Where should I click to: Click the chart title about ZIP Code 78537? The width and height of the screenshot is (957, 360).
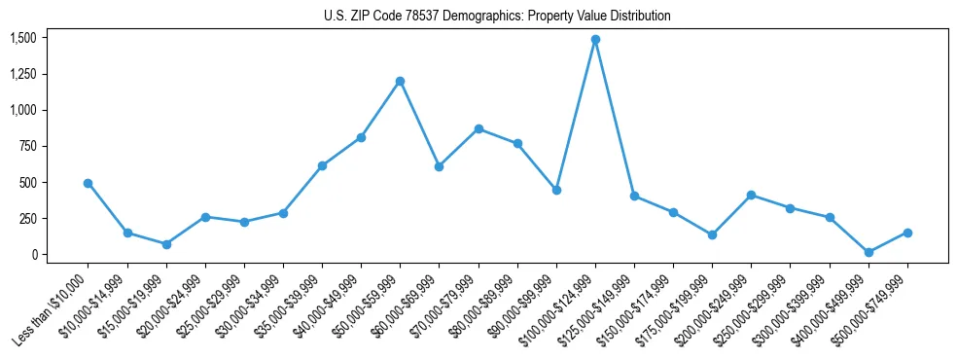click(497, 17)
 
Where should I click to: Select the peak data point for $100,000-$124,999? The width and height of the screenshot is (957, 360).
click(595, 40)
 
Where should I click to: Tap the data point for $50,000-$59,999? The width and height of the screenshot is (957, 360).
click(400, 81)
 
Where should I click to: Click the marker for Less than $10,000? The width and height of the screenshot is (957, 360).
click(88, 183)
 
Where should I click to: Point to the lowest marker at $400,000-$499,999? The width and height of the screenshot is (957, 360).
click(868, 252)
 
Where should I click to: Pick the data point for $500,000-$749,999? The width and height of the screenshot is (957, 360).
click(907, 233)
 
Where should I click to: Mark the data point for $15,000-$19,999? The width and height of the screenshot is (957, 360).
click(166, 244)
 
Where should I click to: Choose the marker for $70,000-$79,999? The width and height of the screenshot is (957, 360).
click(478, 128)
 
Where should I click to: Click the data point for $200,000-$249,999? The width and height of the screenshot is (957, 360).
click(751, 195)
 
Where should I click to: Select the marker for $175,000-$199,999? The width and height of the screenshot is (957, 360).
click(712, 234)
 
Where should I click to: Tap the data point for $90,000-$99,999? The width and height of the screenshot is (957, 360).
click(556, 190)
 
